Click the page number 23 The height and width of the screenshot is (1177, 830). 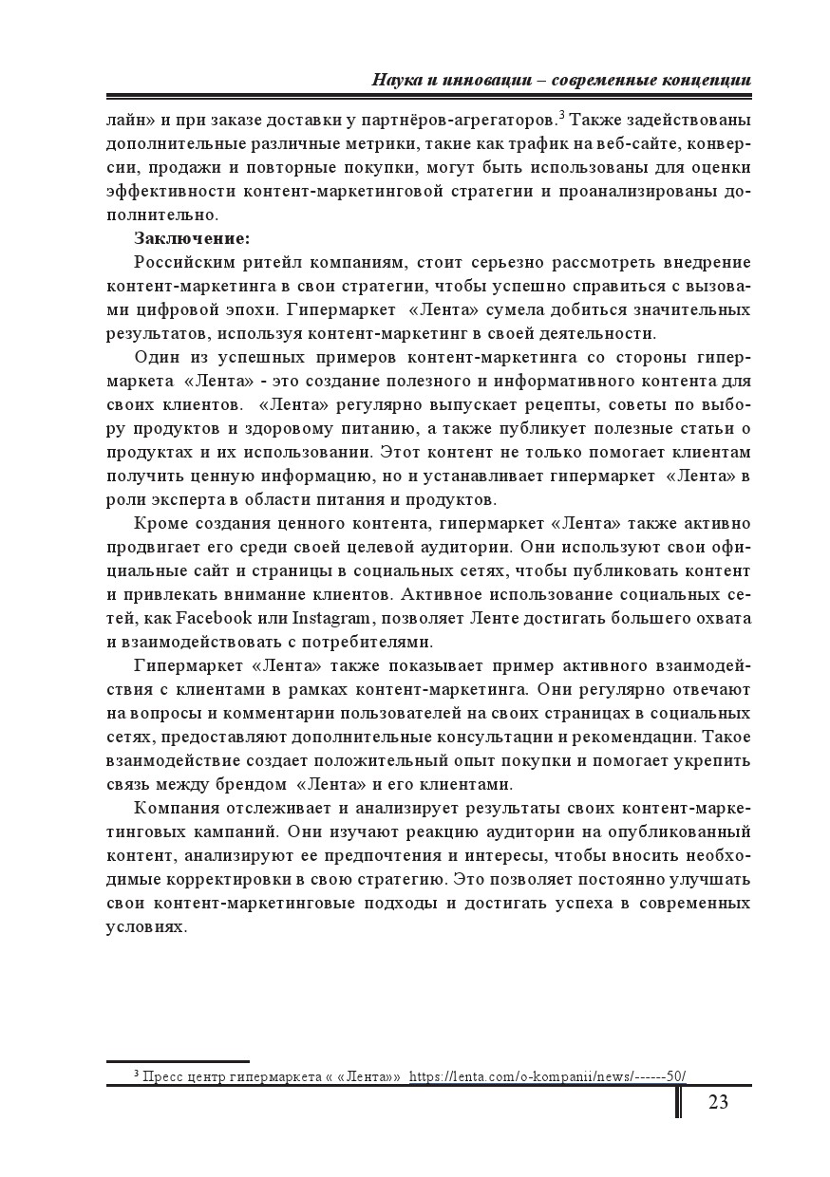click(x=718, y=1102)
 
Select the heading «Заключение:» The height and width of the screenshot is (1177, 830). click(x=192, y=238)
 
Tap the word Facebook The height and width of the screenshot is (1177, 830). click(x=215, y=618)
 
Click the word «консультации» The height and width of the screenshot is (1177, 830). click(x=491, y=737)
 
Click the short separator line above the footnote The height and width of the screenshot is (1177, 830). click(x=178, y=1061)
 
